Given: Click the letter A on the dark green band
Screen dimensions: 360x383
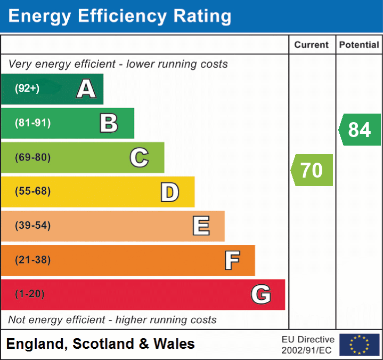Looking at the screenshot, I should click(86, 89).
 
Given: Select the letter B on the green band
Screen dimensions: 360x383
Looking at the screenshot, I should click(109, 123).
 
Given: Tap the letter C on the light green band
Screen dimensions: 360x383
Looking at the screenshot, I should click(139, 158).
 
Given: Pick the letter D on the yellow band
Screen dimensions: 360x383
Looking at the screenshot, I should click(169, 192).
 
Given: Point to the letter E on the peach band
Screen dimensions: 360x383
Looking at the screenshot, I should click(200, 226).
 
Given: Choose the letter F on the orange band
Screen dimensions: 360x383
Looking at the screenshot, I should click(231, 260).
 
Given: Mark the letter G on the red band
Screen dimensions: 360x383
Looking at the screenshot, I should click(261, 294).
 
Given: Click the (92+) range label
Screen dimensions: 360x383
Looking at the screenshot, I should click(27, 89).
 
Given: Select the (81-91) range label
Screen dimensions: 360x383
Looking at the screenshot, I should click(32, 123).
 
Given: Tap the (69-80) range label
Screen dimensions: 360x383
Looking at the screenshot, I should click(32, 157).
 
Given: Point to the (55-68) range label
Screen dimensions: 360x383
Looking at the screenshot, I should click(32, 191).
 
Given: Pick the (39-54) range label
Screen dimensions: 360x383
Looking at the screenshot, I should click(32, 226).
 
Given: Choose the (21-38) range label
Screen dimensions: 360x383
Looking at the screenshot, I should click(32, 260).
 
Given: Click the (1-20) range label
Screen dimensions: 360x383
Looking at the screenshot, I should click(30, 294).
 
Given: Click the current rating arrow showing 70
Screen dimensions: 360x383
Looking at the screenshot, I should click(312, 170).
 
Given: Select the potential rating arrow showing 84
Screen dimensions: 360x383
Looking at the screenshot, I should click(360, 130).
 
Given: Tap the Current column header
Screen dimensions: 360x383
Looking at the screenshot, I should click(312, 45).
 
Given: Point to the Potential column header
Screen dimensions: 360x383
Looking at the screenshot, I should click(359, 45).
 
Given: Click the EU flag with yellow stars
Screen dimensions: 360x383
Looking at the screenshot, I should click(359, 345).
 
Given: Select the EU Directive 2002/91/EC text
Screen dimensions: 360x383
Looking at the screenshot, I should click(308, 345).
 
